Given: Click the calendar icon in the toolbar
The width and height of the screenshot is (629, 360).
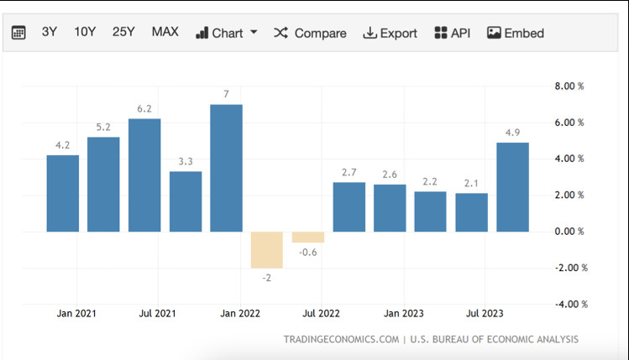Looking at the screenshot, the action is [18, 33].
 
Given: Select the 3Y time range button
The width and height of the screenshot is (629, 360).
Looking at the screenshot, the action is [50, 32].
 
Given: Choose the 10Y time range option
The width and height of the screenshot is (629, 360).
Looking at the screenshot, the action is [85, 32].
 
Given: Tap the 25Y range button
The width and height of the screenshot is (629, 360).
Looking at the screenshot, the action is [123, 32].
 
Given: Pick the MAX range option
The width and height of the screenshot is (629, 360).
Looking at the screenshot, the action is [165, 32].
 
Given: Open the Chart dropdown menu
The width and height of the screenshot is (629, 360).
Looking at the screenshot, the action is [227, 33].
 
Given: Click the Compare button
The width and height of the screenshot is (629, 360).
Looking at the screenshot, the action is [310, 33].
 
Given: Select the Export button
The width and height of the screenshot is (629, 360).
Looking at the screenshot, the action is [390, 33].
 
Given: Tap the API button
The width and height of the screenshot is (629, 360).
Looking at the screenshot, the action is [452, 33].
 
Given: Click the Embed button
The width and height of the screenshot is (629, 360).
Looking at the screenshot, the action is [516, 33].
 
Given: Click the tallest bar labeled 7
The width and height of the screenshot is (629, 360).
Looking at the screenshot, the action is [226, 168].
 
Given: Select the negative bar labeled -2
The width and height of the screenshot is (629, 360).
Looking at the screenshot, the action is [267, 250].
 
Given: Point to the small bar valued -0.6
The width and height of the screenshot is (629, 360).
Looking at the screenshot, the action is [308, 237].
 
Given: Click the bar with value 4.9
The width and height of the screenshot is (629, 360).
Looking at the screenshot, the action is [512, 187].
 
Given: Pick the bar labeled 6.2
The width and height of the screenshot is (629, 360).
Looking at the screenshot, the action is [144, 175].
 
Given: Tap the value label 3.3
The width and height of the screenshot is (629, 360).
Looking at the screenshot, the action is [186, 162].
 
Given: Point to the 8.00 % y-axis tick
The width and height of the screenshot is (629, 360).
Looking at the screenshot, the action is [569, 86].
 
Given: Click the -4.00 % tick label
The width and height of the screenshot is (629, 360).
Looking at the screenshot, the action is [571, 305].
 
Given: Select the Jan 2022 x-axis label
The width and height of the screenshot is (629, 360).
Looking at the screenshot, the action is [240, 314].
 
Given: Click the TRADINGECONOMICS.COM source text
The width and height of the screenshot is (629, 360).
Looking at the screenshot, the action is [342, 340].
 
